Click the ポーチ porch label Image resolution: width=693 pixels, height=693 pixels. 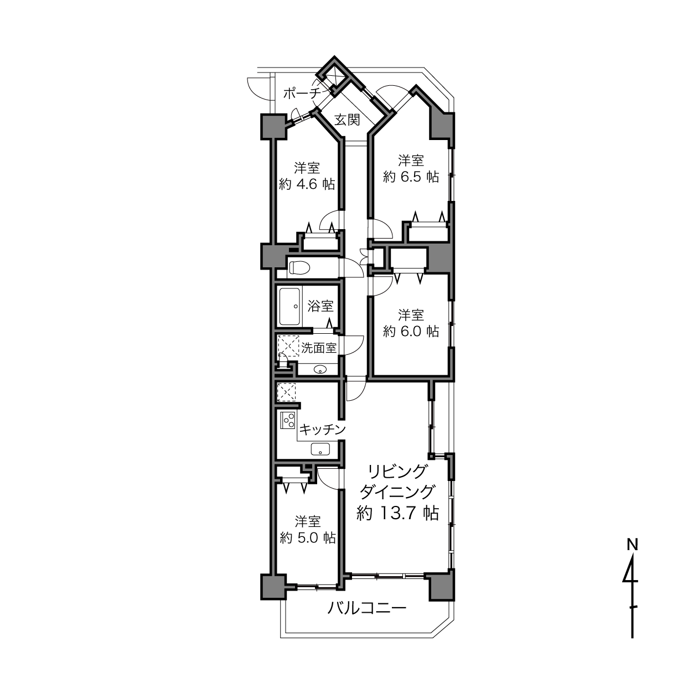pos(301,94)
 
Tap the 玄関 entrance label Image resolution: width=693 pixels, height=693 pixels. pos(347,120)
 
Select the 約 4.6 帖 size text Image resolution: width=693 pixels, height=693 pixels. pos(307,184)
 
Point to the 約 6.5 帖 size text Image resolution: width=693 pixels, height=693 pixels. pos(411,177)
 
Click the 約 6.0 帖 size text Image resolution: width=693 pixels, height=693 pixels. pos(411,331)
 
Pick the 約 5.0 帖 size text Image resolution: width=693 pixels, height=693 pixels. pos(308,537)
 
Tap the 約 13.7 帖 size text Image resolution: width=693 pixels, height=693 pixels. pos(397,513)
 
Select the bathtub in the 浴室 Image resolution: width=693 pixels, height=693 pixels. pos(289,306)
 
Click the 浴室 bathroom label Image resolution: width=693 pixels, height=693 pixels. pos(320,306)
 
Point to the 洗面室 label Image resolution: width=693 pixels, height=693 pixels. pos(319,348)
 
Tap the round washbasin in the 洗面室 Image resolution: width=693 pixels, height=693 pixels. pos(319,369)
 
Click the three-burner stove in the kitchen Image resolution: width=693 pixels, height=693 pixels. pos(288,420)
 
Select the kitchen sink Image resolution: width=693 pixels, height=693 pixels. pos(320,449)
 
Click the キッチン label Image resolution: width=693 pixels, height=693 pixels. pos(322,429)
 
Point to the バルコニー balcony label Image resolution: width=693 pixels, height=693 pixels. pos(367,608)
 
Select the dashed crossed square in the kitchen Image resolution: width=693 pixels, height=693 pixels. pos(286,392)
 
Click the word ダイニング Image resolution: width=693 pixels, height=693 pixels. pos(397,492)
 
